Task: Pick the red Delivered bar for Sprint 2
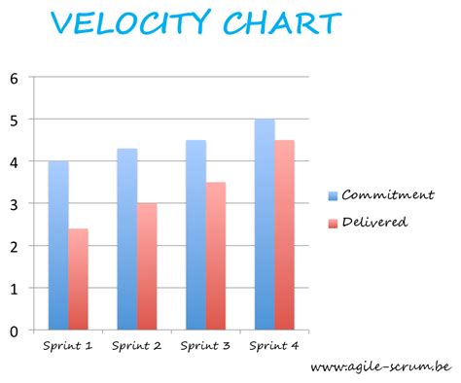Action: click(147, 266)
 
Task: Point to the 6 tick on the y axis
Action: click(14, 78)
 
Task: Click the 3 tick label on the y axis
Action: click(14, 204)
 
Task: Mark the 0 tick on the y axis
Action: click(14, 331)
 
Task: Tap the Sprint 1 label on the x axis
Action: click(68, 345)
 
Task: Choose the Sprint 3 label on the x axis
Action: click(206, 345)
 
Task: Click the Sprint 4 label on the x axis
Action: click(274, 345)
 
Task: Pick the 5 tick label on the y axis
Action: click(14, 120)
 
